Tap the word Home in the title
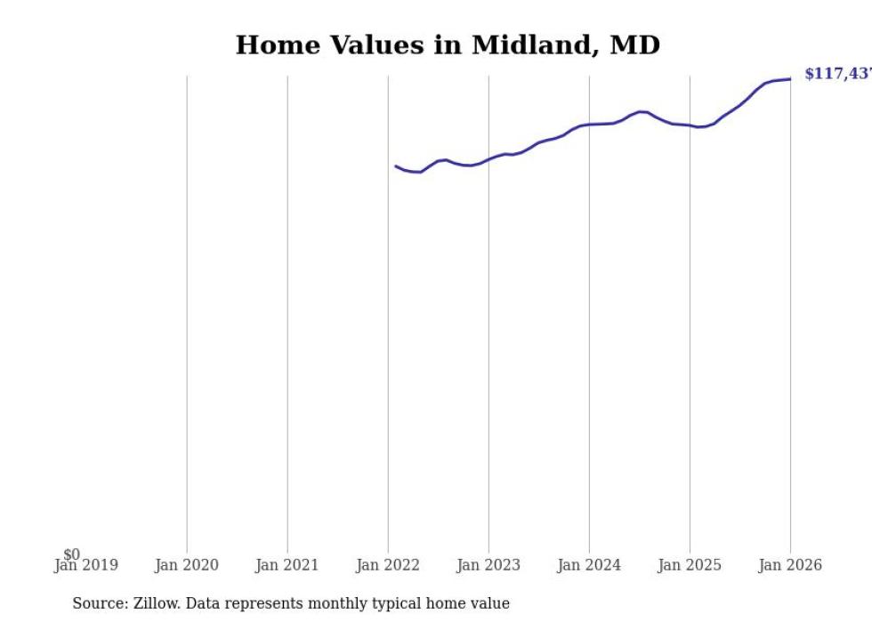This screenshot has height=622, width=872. tap(274, 45)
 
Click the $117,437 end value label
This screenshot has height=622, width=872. tap(837, 74)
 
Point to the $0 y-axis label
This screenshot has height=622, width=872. tap(71, 554)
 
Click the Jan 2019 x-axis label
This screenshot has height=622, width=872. tap(85, 565)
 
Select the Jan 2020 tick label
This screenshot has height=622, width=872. tap(186, 565)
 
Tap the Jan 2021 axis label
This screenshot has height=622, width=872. tap(287, 565)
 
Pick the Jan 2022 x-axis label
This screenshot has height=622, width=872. tap(387, 565)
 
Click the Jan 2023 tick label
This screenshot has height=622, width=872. tap(488, 565)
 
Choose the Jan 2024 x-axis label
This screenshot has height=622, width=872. tap(588, 565)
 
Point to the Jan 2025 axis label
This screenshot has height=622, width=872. tap(689, 565)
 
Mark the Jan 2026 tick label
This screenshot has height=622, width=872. tap(789, 565)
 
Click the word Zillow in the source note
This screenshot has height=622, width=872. tap(156, 603)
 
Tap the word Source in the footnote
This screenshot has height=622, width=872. tap(99, 603)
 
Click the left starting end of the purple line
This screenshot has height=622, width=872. tap(396, 166)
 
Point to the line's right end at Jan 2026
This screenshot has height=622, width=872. tap(790, 79)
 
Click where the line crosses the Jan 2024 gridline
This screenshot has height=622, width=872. tap(589, 125)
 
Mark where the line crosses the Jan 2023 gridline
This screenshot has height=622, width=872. tap(488, 159)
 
